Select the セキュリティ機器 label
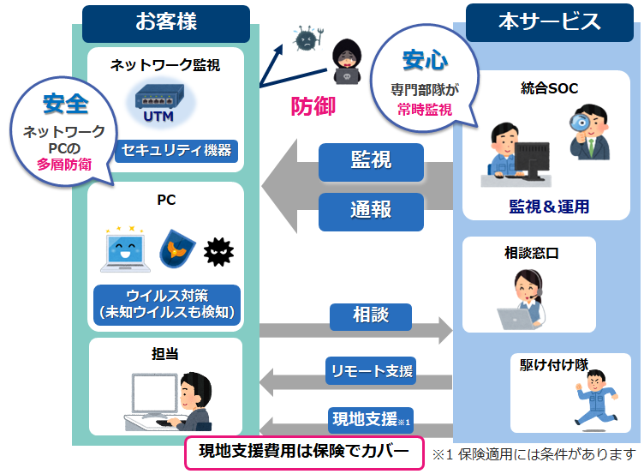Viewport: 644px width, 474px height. tap(176, 150)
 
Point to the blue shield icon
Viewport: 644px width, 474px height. tap(176, 250)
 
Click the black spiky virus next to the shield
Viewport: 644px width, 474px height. tap(218, 250)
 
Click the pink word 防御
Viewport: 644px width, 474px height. tap(313, 106)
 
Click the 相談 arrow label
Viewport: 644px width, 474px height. tap(371, 315)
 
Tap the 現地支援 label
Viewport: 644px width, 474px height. tap(371, 420)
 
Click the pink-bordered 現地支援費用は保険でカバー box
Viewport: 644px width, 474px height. tap(304, 453)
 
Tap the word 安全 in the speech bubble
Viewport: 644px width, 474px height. tap(64, 104)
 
